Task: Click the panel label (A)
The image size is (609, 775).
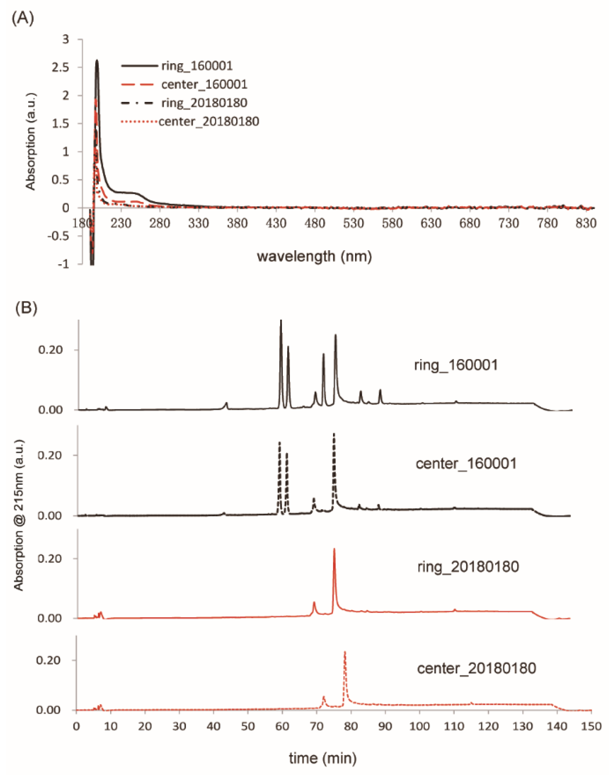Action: [x=23, y=18]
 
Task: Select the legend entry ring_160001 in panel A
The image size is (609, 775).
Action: [x=197, y=65]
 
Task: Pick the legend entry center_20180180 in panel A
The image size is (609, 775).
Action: [x=209, y=122]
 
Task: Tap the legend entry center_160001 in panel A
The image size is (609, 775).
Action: [x=204, y=84]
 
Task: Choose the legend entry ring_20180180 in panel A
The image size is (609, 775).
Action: [x=204, y=103]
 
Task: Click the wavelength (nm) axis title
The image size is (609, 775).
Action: [x=314, y=256]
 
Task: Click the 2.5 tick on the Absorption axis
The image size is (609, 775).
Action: [x=60, y=67]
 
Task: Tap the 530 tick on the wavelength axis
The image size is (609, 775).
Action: [x=353, y=224]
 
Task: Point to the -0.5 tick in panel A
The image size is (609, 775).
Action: [x=58, y=236]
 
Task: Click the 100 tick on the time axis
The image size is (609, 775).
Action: [x=419, y=726]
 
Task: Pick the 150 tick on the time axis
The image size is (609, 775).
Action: [x=591, y=726]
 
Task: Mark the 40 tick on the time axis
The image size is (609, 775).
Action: [x=213, y=726]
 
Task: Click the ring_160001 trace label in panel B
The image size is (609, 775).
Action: [x=456, y=365]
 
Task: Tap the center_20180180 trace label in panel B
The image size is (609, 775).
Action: [x=476, y=668]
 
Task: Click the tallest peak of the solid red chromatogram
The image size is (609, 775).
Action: [x=334, y=549]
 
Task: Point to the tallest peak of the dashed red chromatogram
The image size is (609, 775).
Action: [x=345, y=652]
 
